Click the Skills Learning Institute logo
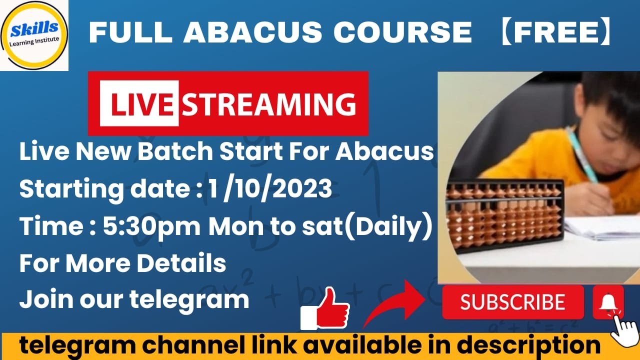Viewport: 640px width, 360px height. pyautogui.click(x=34, y=34)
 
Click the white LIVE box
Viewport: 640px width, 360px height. pyautogui.click(x=139, y=103)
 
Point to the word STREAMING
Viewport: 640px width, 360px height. pyautogui.click(x=269, y=103)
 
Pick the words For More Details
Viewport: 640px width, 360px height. pyautogui.click(x=122, y=263)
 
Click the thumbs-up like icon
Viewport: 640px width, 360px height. pyautogui.click(x=325, y=308)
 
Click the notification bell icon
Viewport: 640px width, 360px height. pyautogui.click(x=608, y=302)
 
